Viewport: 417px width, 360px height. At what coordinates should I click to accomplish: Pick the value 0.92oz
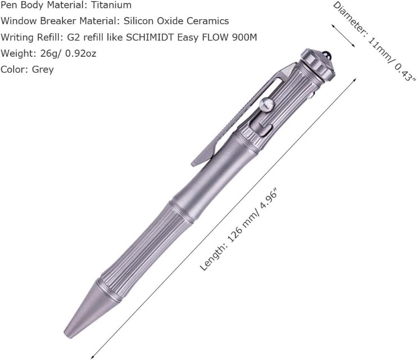80,53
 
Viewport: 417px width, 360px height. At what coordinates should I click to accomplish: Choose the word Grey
43,70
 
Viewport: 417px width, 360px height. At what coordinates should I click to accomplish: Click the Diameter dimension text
374,42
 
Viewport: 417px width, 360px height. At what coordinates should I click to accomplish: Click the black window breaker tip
328,55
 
